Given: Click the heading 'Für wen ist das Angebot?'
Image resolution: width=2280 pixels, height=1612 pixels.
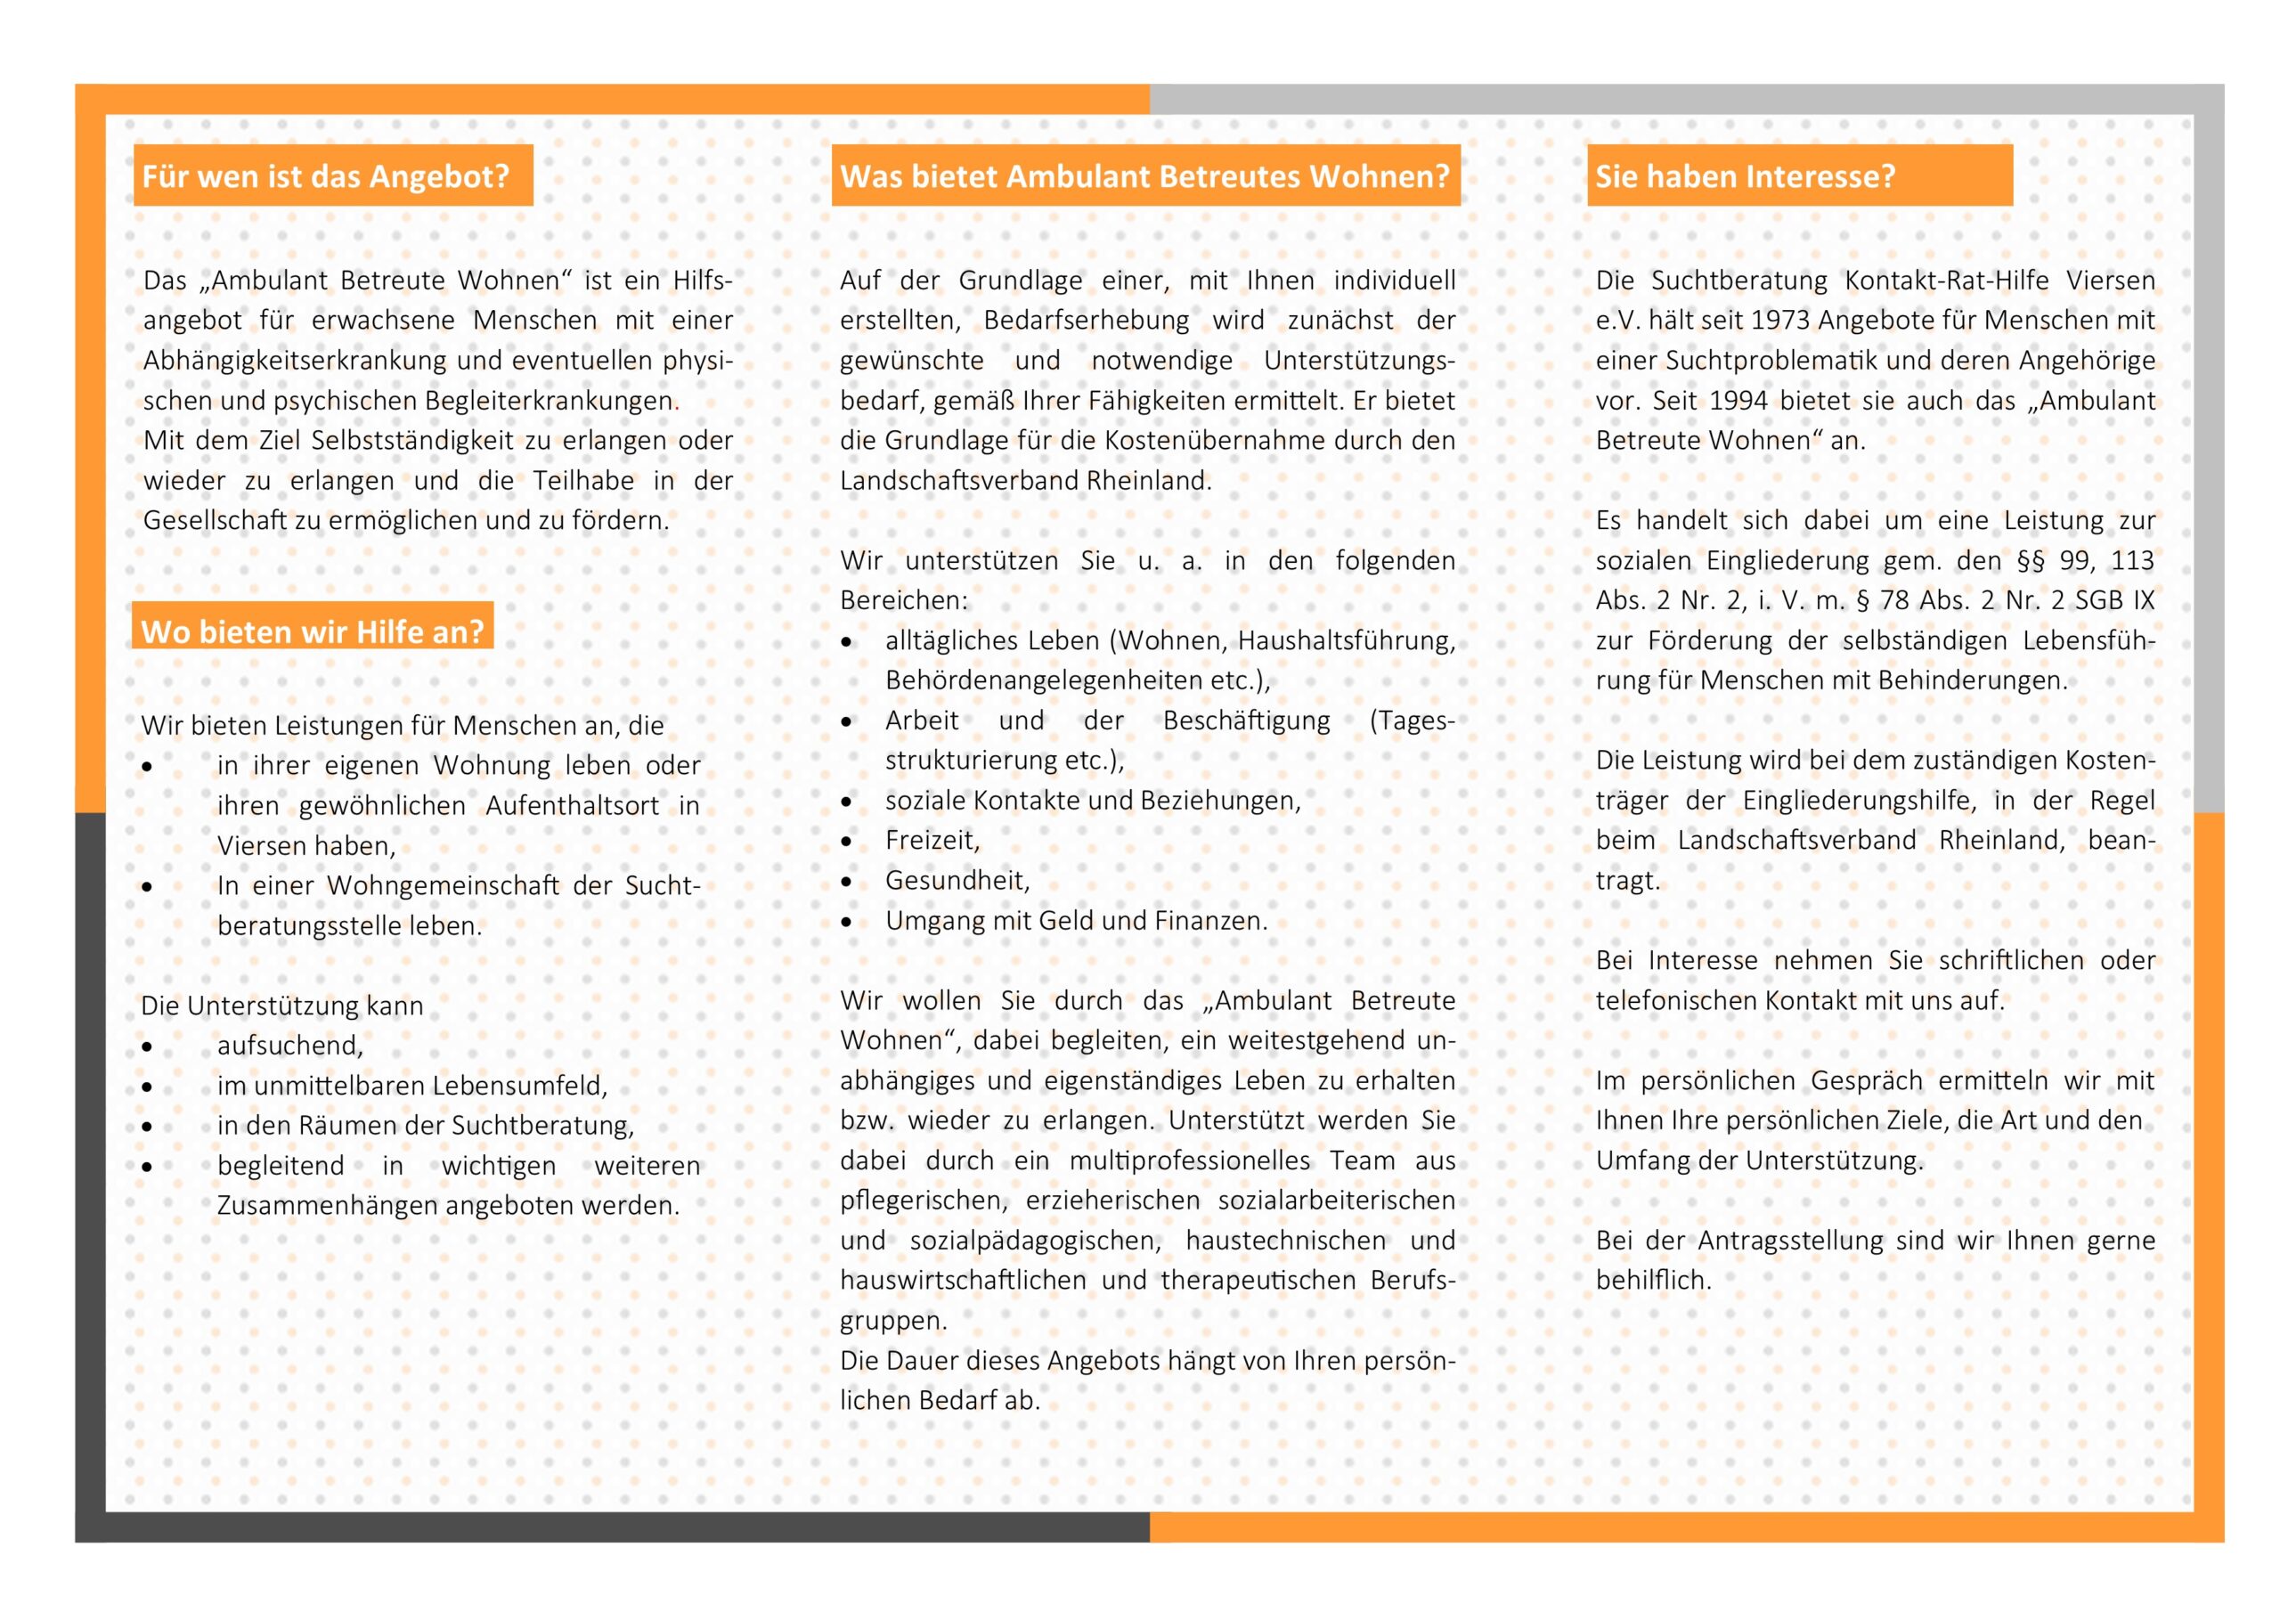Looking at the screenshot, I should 326,177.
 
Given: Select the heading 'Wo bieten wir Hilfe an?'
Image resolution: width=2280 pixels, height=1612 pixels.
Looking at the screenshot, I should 312,631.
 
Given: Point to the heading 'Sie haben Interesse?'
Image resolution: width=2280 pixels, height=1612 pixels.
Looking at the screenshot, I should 1745,177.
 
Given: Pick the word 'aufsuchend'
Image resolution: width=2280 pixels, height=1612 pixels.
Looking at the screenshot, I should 289,1046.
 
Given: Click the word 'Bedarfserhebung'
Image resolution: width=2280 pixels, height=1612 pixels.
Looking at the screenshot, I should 1086,321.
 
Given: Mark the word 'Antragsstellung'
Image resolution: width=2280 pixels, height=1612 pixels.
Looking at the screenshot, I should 1789,1242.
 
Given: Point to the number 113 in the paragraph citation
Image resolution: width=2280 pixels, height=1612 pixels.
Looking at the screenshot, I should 2132,561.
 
